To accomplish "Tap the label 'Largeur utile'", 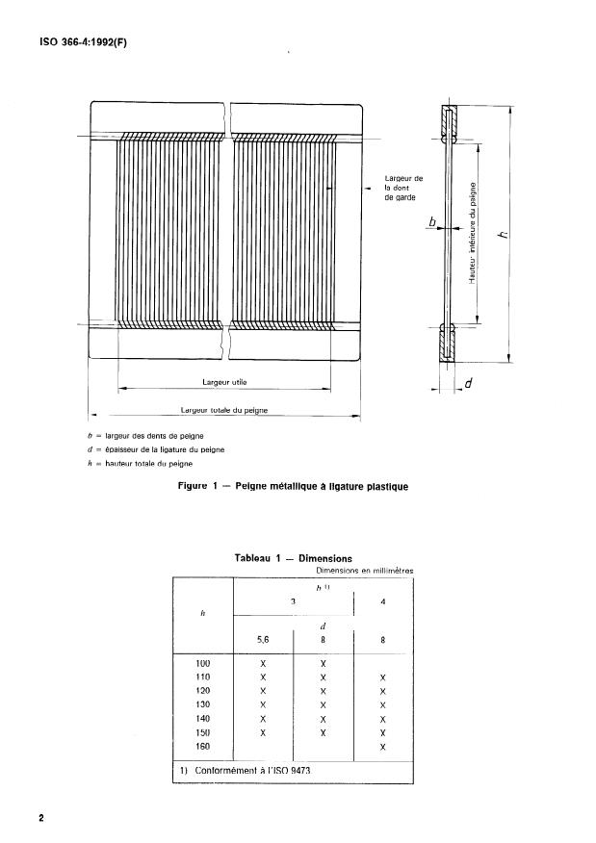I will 225,382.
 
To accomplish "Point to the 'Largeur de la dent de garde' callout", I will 403,188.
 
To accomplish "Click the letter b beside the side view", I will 432,223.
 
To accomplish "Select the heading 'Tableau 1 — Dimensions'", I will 293,558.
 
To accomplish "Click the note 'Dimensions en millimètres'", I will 357,571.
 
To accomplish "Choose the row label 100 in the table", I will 202,663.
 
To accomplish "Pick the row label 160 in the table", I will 202,746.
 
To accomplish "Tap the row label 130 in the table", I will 202,704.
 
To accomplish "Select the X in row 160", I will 383,746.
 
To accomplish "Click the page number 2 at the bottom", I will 41,818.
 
